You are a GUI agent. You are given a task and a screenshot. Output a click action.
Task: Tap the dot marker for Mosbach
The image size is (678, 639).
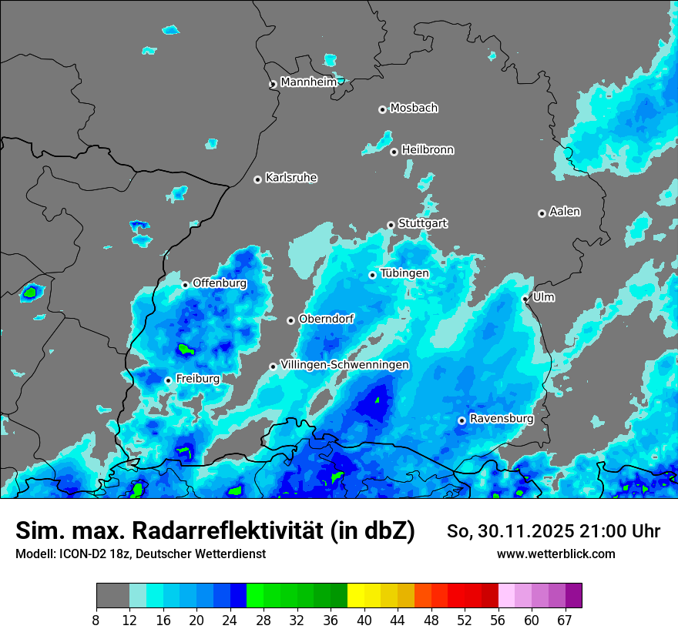(382, 109)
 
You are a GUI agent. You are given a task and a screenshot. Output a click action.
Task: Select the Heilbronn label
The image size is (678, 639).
(428, 149)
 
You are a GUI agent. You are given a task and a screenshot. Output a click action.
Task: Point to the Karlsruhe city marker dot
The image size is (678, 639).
(258, 179)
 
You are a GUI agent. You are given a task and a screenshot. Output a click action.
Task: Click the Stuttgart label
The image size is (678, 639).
(422, 223)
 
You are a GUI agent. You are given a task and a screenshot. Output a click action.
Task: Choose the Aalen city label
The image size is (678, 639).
(565, 211)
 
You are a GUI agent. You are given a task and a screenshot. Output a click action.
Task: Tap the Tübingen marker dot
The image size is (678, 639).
(372, 275)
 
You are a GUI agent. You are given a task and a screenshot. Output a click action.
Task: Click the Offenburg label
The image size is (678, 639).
(220, 283)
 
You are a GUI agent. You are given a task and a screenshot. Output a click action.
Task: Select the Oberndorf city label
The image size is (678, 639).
(326, 319)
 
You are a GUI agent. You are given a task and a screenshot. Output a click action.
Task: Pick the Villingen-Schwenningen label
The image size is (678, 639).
(345, 364)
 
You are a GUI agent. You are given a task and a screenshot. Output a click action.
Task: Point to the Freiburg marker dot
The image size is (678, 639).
(168, 380)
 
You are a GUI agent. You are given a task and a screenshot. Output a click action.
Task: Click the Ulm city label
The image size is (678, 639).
(543, 296)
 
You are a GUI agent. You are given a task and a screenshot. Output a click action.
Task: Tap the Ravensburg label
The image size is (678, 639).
(501, 419)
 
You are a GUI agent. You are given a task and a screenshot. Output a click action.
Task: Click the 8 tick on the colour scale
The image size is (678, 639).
(96, 620)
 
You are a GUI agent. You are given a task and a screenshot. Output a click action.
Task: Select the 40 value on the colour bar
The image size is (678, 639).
(364, 620)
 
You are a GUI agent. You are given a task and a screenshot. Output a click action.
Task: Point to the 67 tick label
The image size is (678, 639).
(565, 620)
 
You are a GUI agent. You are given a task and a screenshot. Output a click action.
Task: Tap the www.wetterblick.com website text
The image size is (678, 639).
(555, 554)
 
